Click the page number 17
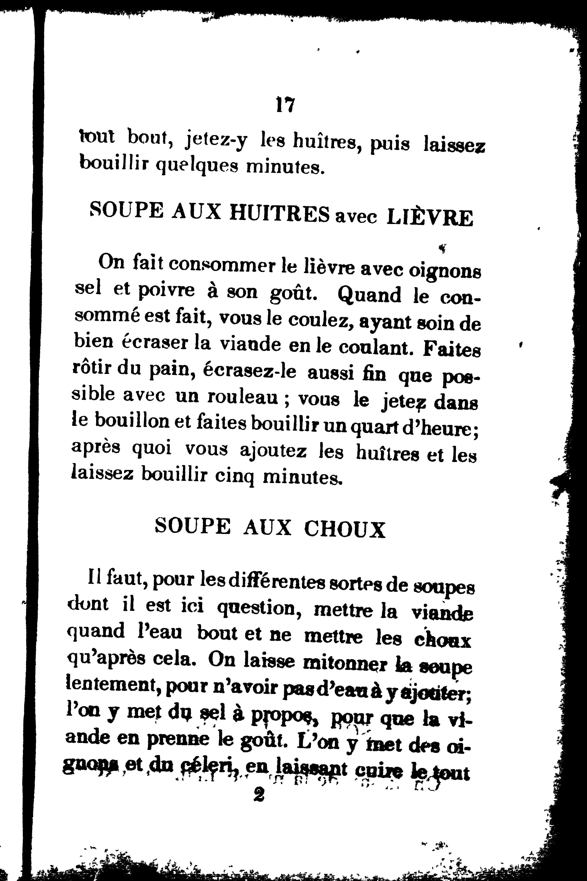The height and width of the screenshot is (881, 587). coord(285,105)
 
